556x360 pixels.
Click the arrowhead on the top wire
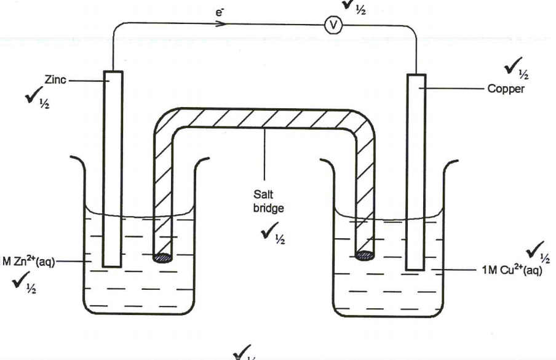point(221,25)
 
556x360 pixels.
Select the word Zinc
point(54,80)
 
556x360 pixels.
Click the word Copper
point(507,89)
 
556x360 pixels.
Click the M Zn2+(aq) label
point(29,262)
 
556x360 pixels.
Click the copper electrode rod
point(416,172)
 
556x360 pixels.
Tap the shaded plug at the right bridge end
point(365,255)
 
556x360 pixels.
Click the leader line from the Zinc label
point(86,81)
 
